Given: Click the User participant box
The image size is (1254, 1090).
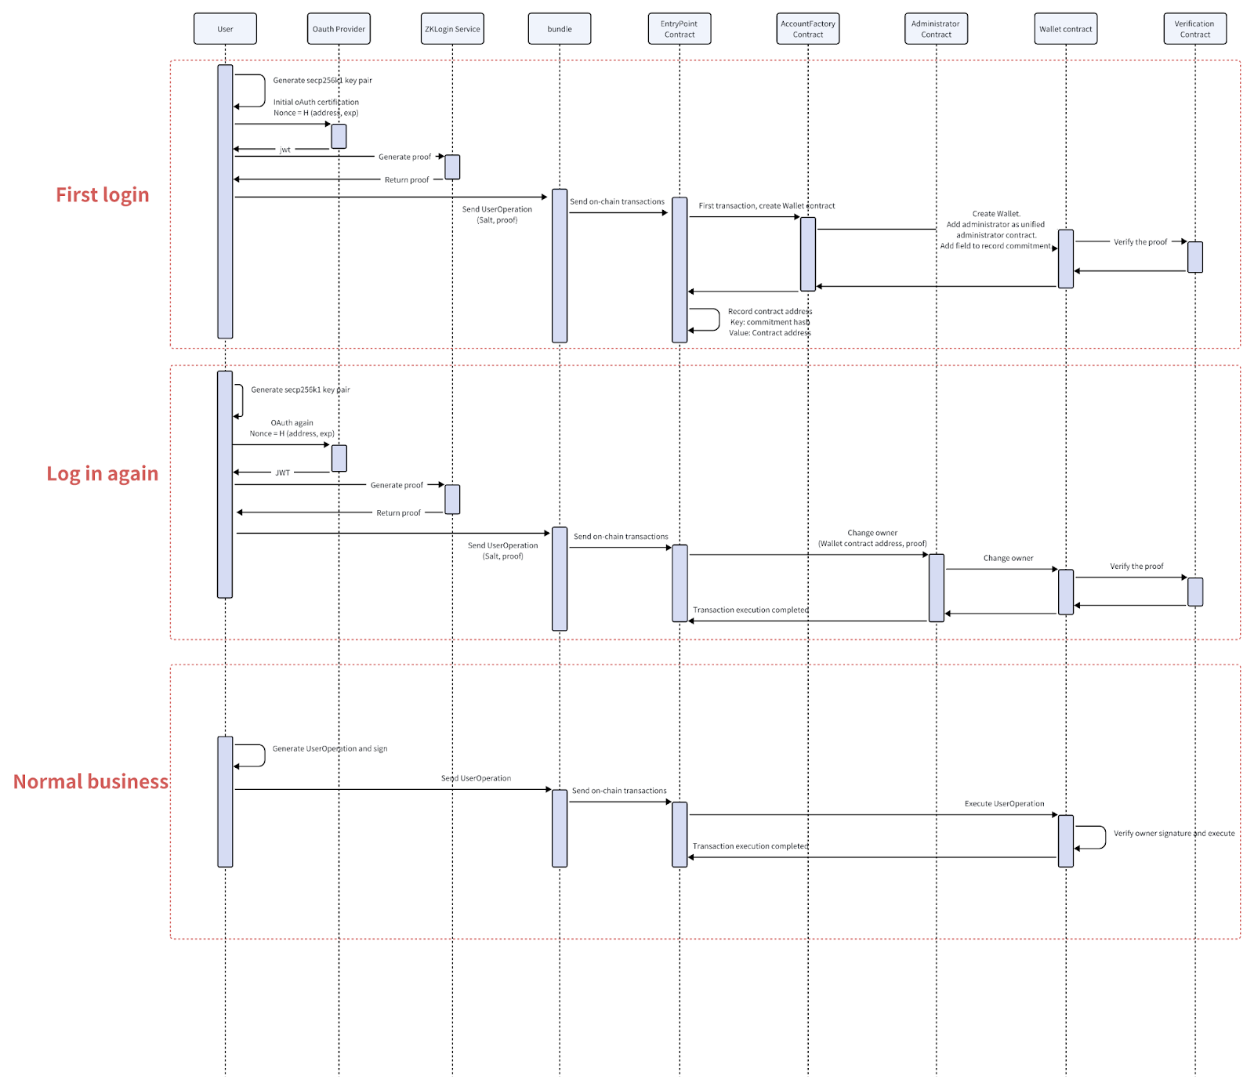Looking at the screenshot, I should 225,29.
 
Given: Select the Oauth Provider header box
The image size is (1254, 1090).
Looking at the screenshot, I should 339,29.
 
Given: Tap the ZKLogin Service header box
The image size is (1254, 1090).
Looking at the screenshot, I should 452,29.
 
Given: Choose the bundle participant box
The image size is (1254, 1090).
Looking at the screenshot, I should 560,29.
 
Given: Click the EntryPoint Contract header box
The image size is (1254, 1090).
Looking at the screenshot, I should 680,29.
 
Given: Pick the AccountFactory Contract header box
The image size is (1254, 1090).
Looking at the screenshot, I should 808,29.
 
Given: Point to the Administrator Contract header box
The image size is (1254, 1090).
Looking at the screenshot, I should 936,29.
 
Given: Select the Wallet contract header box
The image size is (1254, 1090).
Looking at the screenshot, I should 1065,29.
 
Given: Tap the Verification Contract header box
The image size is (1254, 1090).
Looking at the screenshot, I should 1194,29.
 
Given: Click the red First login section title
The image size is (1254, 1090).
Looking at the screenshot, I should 103,195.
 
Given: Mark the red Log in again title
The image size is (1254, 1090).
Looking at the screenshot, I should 103,474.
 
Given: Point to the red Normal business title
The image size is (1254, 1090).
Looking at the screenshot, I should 91,782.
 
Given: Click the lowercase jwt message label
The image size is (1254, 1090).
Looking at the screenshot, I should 285,150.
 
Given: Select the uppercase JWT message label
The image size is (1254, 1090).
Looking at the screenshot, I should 283,473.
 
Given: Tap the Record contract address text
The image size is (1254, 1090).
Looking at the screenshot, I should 770,312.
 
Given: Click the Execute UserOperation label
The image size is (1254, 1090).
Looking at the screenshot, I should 1004,804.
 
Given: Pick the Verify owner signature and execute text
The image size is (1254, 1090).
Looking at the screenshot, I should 1174,834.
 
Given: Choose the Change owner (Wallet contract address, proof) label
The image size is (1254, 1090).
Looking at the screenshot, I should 872,538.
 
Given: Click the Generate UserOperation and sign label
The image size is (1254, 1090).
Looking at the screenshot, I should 330,749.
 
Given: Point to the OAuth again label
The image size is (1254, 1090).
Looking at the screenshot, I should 292,423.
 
